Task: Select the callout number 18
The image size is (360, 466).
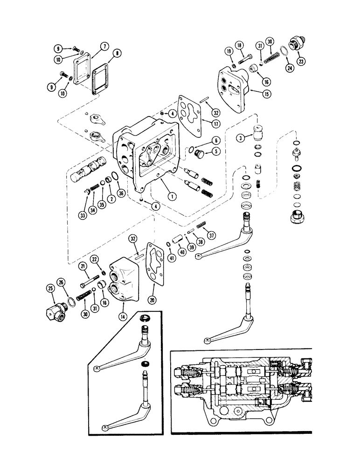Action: (x=239, y=46)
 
